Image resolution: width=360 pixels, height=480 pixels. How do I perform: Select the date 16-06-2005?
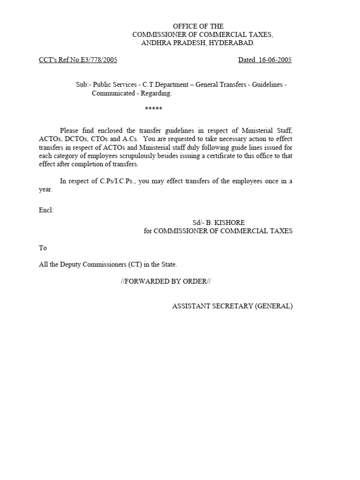[275, 60]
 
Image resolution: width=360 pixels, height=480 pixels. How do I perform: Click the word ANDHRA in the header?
[156, 43]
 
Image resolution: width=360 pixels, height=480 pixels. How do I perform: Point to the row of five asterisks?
[153, 109]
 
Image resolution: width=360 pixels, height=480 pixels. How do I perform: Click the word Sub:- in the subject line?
[83, 84]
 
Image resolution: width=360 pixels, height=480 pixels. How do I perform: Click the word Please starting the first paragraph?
[70, 130]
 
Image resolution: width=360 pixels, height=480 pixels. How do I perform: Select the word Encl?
[46, 210]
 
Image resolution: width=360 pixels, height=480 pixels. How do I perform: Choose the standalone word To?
[43, 248]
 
